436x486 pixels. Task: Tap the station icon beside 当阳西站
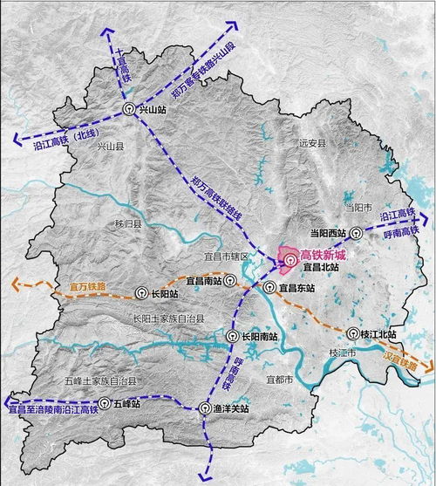tap(357, 233)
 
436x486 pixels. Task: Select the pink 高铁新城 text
tap(323, 255)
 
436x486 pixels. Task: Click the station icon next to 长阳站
tap(142, 293)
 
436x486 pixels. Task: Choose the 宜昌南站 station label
tap(204, 281)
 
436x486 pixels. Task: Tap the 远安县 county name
tap(311, 142)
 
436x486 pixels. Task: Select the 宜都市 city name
tap(280, 380)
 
